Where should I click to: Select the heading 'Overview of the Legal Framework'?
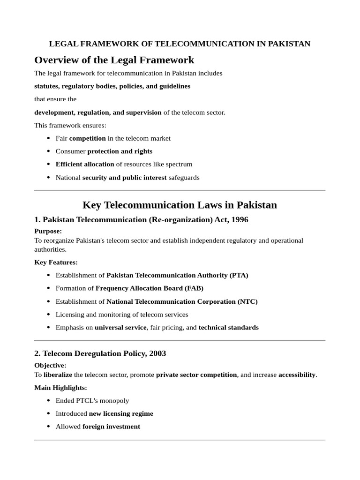point(114,60)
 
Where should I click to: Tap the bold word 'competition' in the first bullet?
point(87,138)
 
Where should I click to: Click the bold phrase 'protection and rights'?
point(120,151)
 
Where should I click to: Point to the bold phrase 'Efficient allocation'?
point(85,164)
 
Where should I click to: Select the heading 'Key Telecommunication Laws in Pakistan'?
point(180,205)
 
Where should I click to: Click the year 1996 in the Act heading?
point(239,219)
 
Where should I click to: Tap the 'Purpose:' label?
point(48,231)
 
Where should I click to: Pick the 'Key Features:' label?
point(56,262)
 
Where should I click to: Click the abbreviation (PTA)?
point(239,275)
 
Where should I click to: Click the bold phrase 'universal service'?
point(120,328)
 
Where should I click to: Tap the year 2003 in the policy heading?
point(157,353)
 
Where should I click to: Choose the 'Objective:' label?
point(50,365)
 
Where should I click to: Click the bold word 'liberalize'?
point(58,375)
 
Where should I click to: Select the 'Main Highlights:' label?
point(60,388)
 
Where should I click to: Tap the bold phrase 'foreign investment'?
point(111,427)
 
